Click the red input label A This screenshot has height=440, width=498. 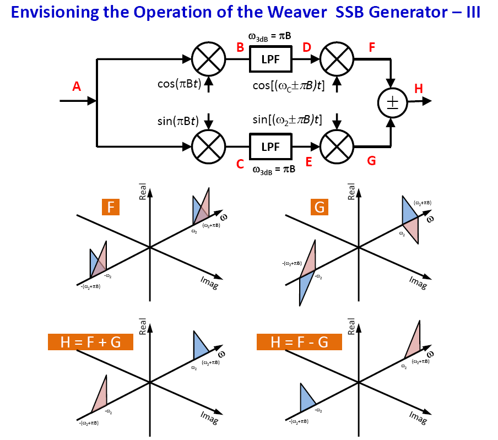point(77,86)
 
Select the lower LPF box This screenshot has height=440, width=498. point(270,147)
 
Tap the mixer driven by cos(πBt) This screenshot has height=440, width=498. point(208,58)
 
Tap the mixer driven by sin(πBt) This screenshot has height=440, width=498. point(208,147)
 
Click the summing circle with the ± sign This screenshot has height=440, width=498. point(392,103)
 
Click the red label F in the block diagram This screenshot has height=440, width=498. point(372,47)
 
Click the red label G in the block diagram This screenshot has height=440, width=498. point(372,161)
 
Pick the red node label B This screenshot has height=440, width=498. point(240,47)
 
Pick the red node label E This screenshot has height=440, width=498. point(309,161)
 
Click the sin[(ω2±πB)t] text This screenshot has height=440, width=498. point(287,119)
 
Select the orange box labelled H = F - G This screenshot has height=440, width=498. point(299,342)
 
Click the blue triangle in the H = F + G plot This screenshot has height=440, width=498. point(199,346)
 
